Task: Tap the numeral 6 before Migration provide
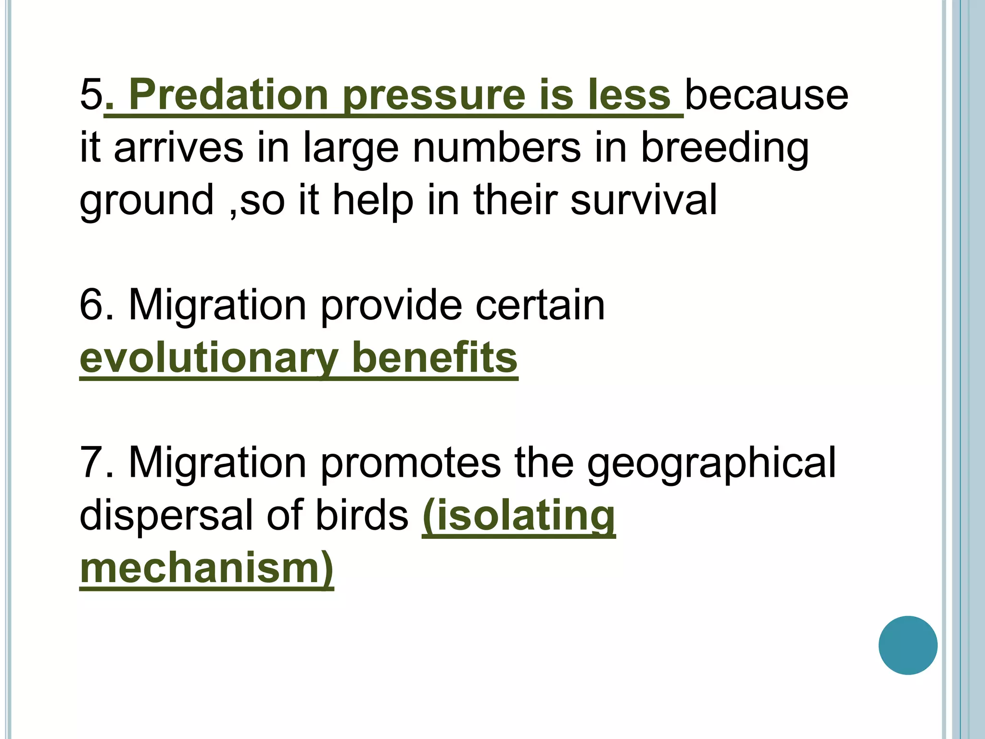coord(91,305)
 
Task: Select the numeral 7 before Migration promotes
coord(91,463)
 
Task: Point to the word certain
coord(540,305)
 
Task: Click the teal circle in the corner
coord(908,645)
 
